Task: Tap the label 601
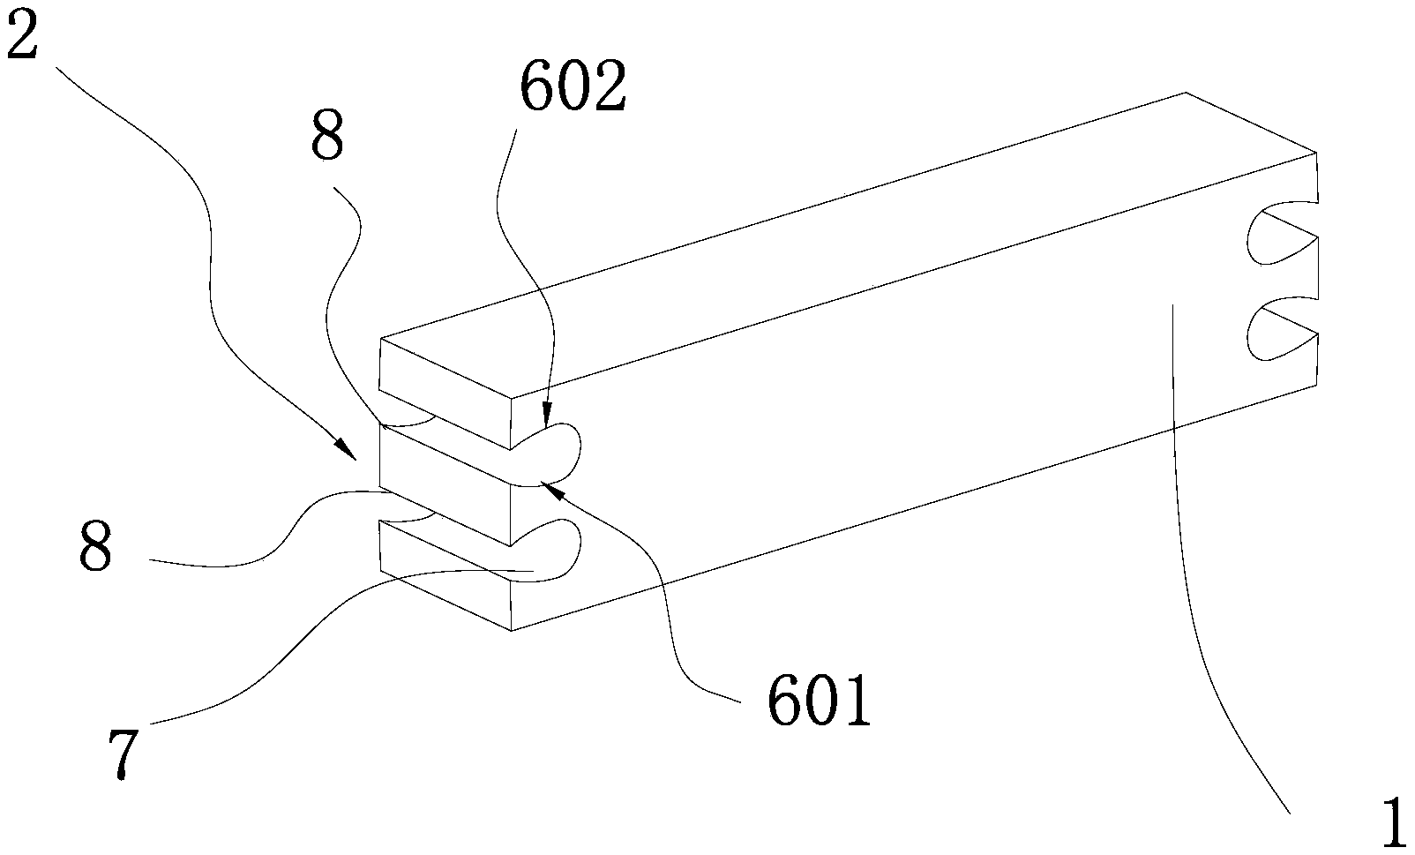click(x=819, y=701)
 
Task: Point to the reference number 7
click(x=122, y=755)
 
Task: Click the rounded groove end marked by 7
click(x=565, y=551)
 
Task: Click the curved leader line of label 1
click(x=1200, y=574)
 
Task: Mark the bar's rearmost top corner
click(x=1186, y=93)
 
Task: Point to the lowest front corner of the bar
click(x=512, y=630)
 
